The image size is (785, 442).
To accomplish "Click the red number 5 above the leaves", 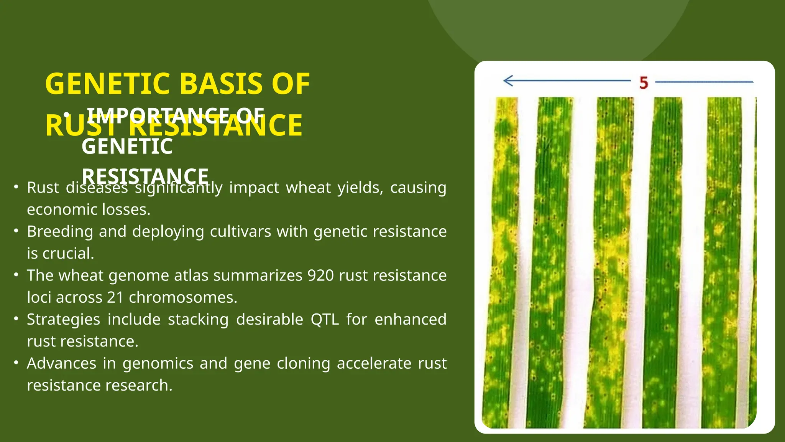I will [644, 82].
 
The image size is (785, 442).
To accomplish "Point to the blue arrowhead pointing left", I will [508, 81].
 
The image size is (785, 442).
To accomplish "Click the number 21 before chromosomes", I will [115, 297].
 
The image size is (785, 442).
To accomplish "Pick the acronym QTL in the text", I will [325, 319].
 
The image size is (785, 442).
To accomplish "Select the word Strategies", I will [64, 319].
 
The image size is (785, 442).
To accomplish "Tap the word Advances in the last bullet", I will [61, 363].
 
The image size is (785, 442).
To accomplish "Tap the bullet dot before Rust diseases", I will [16, 187].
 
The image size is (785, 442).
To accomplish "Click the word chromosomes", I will [183, 297].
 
